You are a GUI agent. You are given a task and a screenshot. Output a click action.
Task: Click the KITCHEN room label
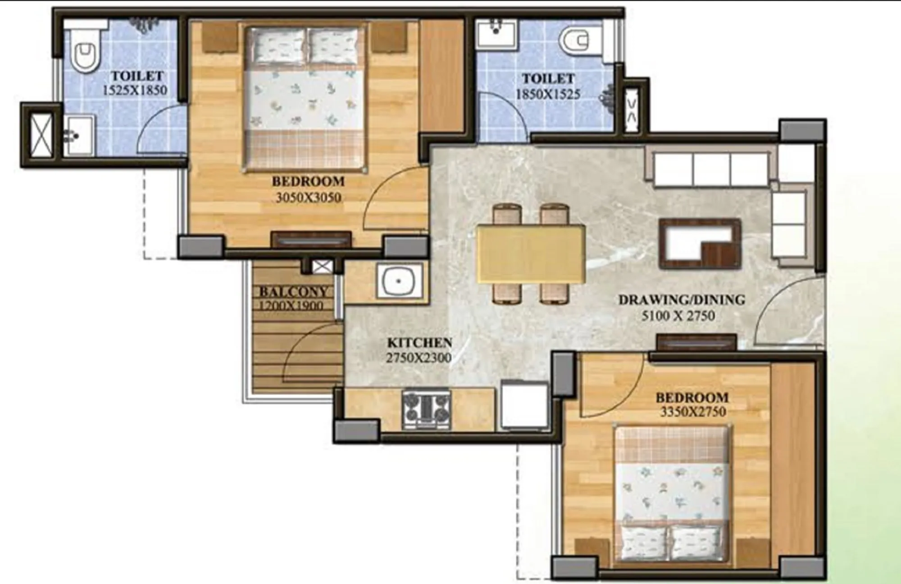tap(419, 342)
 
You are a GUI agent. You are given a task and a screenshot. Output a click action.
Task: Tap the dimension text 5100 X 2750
tap(678, 316)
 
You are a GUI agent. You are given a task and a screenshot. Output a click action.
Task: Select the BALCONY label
tap(293, 291)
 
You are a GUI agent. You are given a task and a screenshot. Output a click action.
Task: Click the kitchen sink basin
tap(398, 281)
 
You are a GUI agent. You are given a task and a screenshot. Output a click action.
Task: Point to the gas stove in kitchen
tap(426, 410)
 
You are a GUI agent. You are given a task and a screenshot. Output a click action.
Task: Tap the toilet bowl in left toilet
tap(86, 56)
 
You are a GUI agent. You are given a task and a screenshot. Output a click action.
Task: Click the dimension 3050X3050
tap(308, 198)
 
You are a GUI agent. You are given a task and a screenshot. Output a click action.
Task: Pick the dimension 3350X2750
tap(692, 412)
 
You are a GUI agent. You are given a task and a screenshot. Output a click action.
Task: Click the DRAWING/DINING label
tap(682, 299)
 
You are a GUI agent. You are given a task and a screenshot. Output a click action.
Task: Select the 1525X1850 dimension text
tap(135, 90)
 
